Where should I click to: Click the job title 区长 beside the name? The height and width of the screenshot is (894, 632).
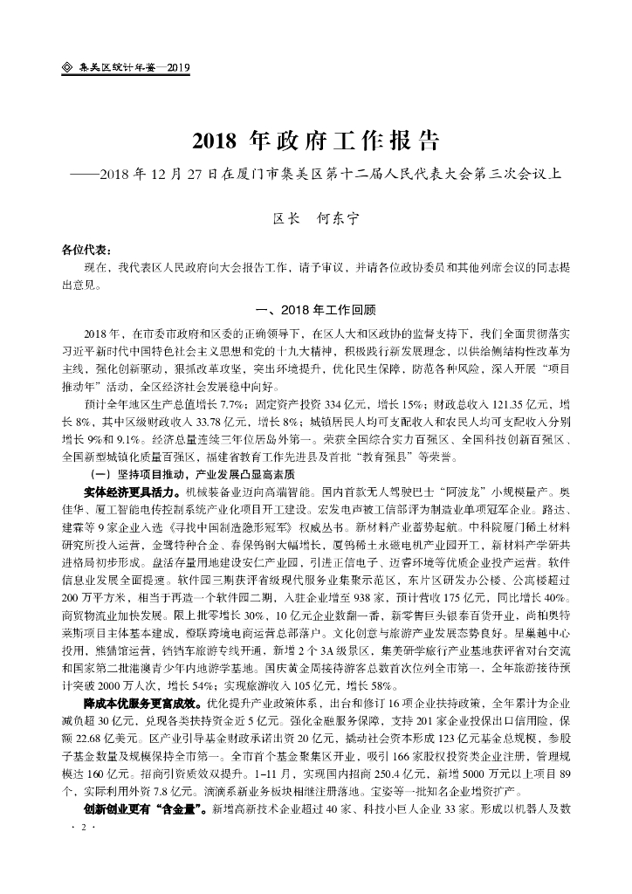(286, 220)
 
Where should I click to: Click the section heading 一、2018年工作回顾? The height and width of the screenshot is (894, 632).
(313, 310)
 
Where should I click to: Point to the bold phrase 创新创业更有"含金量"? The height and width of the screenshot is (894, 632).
(139, 809)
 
